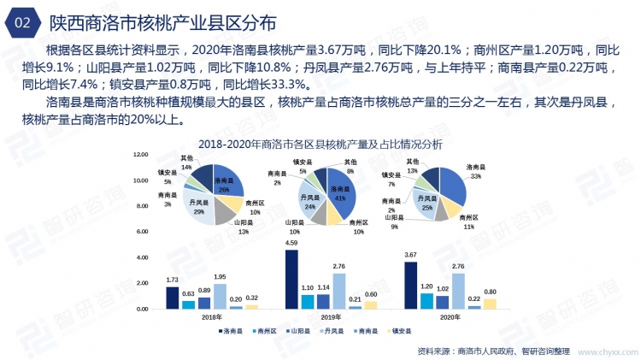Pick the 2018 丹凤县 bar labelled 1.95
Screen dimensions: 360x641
tap(220, 296)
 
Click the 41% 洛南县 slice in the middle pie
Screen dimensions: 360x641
tap(343, 196)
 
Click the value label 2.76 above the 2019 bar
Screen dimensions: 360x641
tap(340, 267)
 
